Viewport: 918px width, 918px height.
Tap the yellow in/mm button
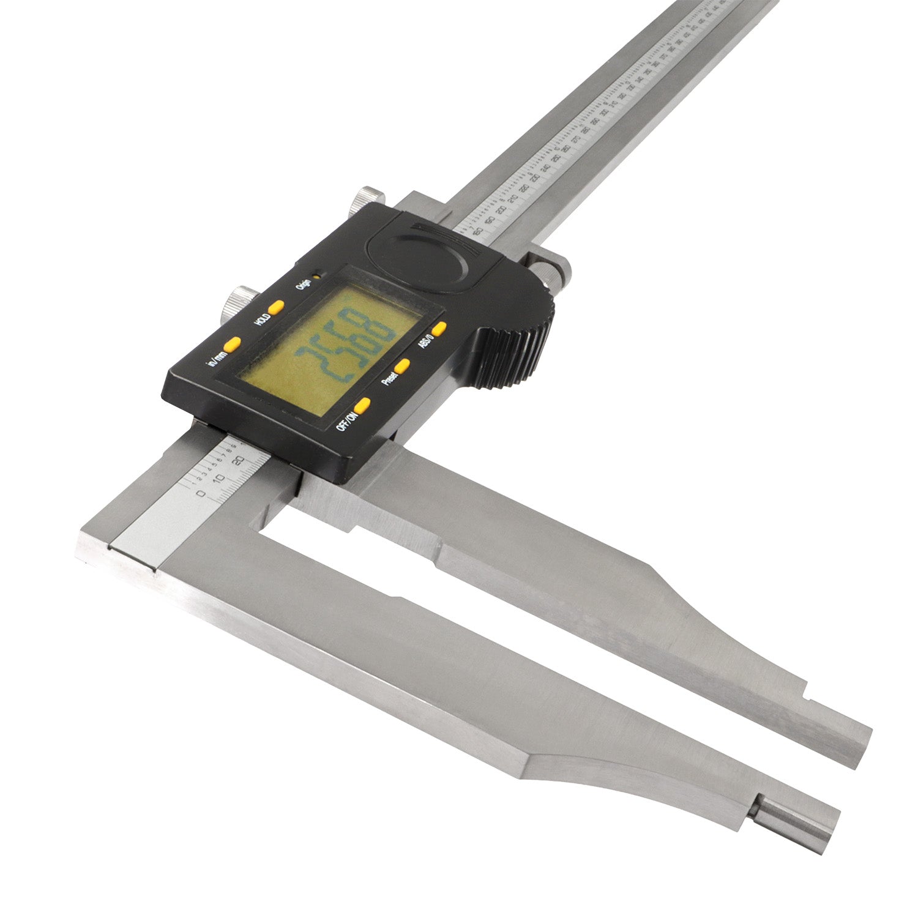[x=232, y=345]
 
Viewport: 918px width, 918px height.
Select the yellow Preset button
[x=402, y=366]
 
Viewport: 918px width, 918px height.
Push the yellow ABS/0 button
[x=439, y=329]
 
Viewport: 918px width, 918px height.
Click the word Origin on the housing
[x=302, y=285]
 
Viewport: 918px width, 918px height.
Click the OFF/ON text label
[x=346, y=421]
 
